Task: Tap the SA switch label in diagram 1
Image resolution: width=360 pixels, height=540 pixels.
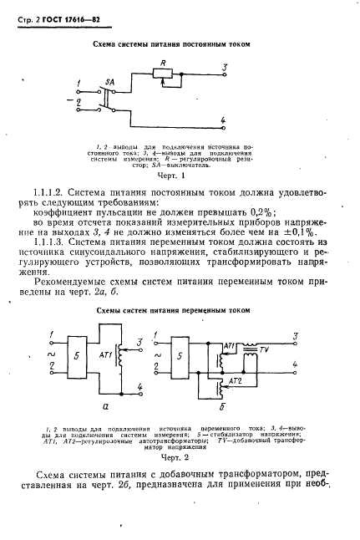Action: [109, 83]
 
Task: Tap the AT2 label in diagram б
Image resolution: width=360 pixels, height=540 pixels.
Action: [236, 381]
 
